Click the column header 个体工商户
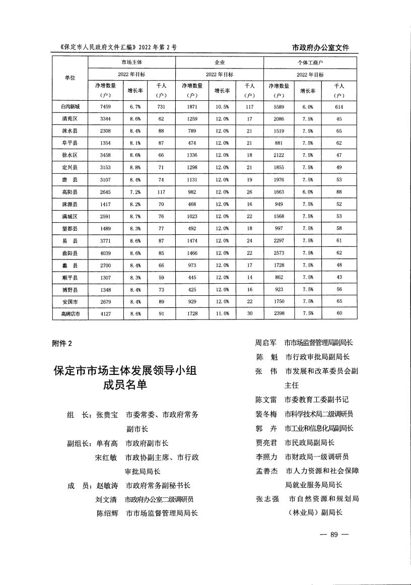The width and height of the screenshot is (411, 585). coord(310,63)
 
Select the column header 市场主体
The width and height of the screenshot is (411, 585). coord(131,63)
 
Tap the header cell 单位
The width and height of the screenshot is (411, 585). coord(70,78)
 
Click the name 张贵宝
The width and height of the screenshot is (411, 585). coord(107,415)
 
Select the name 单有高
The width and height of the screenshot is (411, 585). coord(107,443)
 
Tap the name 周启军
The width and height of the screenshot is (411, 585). coord(265,343)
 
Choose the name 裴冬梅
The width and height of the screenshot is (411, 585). coord(266,414)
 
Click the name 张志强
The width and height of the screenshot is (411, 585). coord(267,499)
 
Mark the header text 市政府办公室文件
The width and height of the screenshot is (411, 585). coord(320,48)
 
